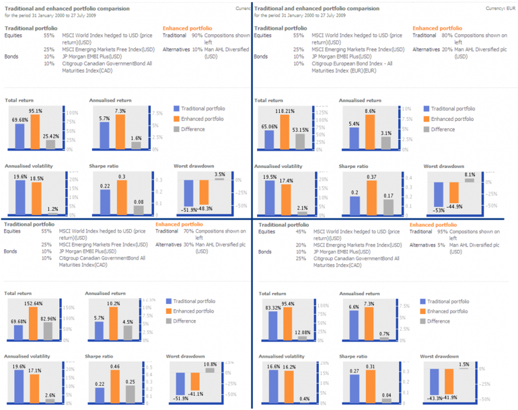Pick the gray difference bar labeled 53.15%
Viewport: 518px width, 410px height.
(x=301, y=140)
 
